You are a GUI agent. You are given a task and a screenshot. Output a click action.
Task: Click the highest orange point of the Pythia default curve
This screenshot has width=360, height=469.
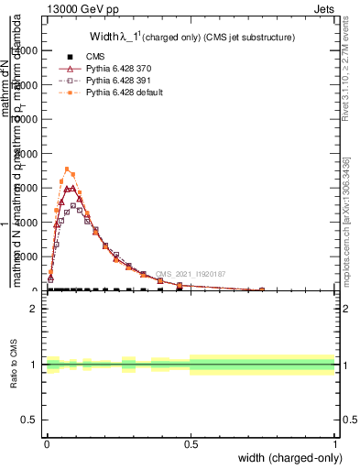pyautogui.click(x=67, y=169)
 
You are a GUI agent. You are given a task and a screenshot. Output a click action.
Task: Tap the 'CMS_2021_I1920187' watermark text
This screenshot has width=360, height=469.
pyautogui.click(x=190, y=273)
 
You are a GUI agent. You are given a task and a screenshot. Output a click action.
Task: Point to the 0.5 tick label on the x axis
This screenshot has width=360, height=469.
pyautogui.click(x=191, y=443)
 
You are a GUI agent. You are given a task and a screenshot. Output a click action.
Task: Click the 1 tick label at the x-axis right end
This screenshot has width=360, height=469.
pyautogui.click(x=335, y=443)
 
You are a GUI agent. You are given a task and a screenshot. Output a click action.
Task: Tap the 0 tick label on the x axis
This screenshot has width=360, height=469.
pyautogui.click(x=47, y=443)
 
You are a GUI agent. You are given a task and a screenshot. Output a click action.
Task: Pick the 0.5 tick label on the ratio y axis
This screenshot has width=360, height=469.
pyautogui.click(x=28, y=420)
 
